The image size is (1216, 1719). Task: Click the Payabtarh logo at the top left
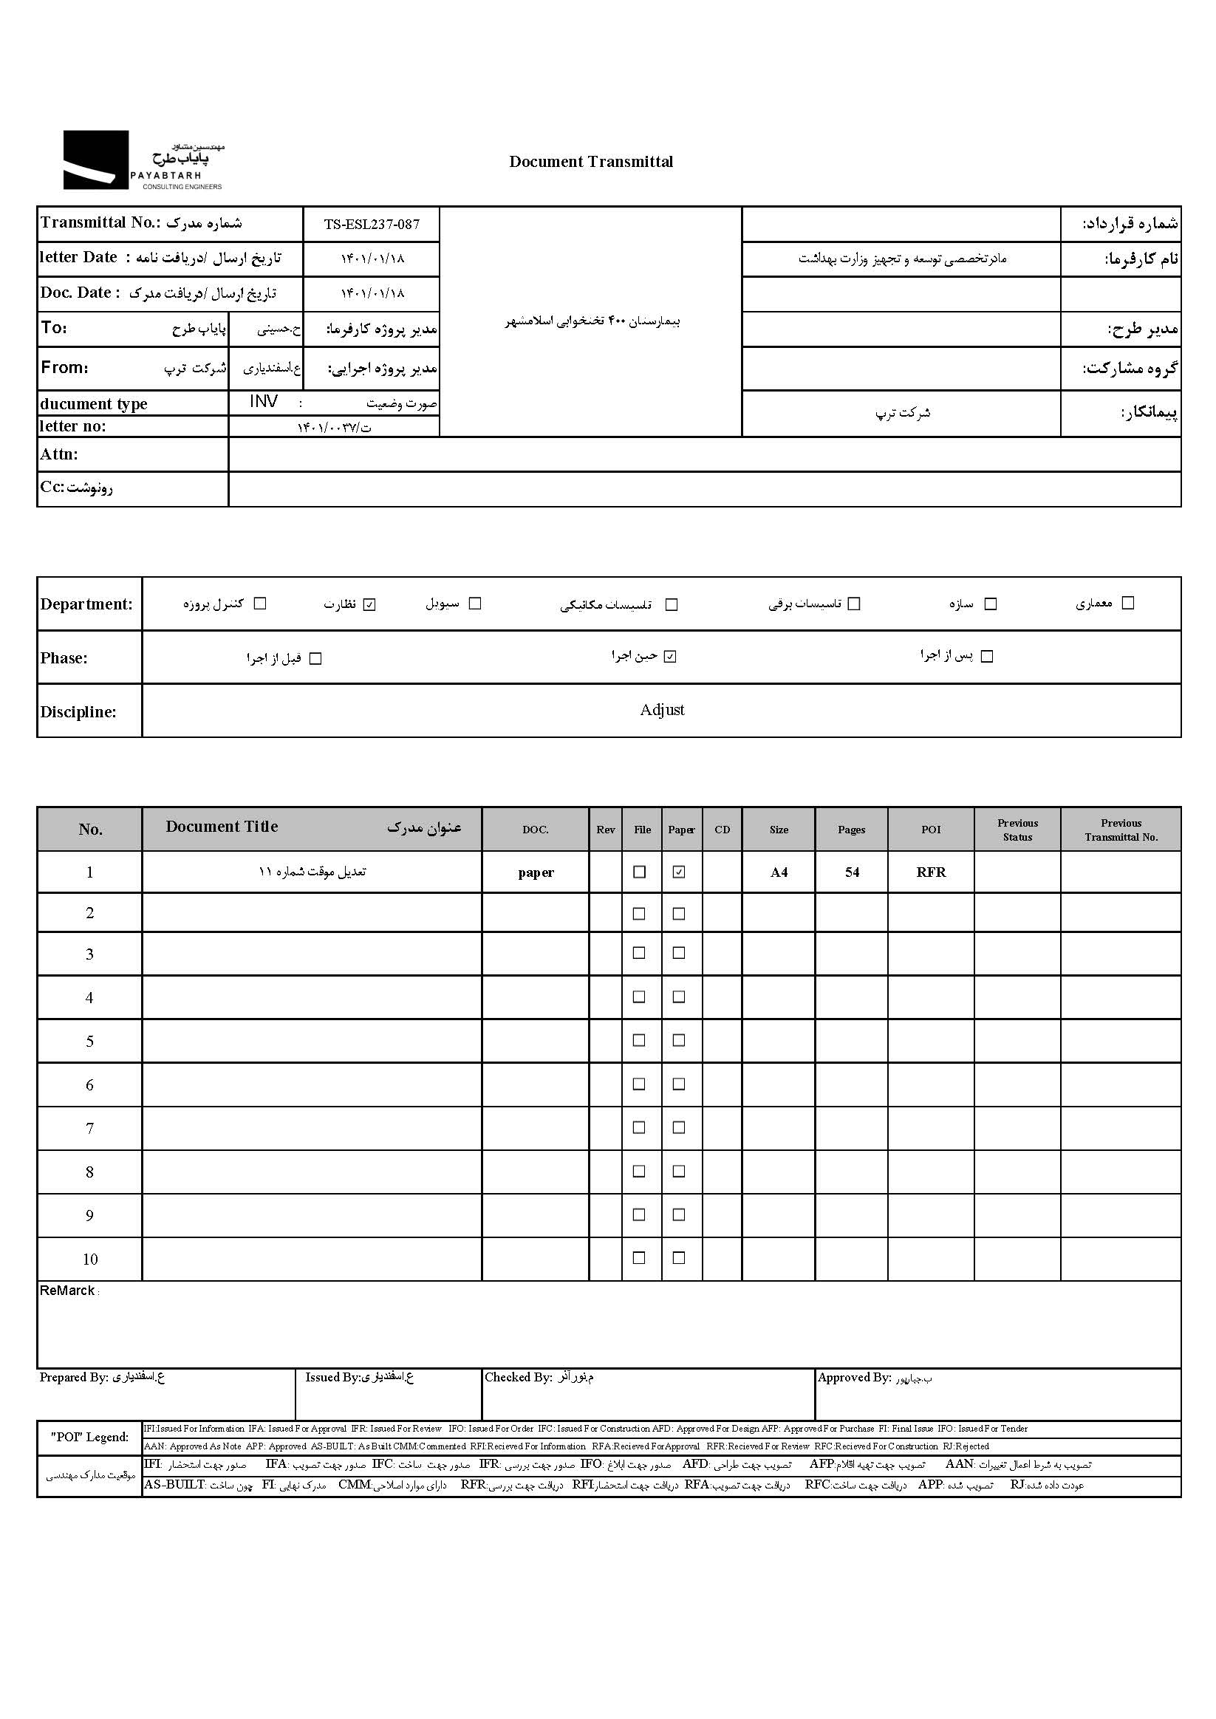[143, 160]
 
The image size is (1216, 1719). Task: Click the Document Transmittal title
[591, 162]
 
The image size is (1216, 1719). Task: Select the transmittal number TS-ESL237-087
[372, 224]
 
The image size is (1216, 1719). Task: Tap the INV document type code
[264, 402]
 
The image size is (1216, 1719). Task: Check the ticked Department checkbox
[369, 604]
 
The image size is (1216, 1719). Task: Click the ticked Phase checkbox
[670, 657]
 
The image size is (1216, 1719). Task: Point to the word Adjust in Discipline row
[662, 710]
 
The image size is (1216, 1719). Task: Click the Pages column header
[851, 830]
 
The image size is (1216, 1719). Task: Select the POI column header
[931, 830]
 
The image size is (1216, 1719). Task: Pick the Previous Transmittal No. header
[1121, 830]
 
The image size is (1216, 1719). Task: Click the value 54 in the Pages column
[852, 872]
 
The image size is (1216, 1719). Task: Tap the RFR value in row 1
[931, 872]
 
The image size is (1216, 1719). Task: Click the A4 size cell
[779, 872]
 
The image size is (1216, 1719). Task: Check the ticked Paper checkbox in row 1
[679, 872]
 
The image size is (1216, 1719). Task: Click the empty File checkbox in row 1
[640, 872]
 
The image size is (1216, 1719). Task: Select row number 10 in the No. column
[90, 1260]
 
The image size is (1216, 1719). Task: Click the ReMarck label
[67, 1291]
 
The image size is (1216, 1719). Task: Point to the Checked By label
[518, 1377]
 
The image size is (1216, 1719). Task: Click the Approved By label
[854, 1377]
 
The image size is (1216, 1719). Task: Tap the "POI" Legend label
[89, 1437]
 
